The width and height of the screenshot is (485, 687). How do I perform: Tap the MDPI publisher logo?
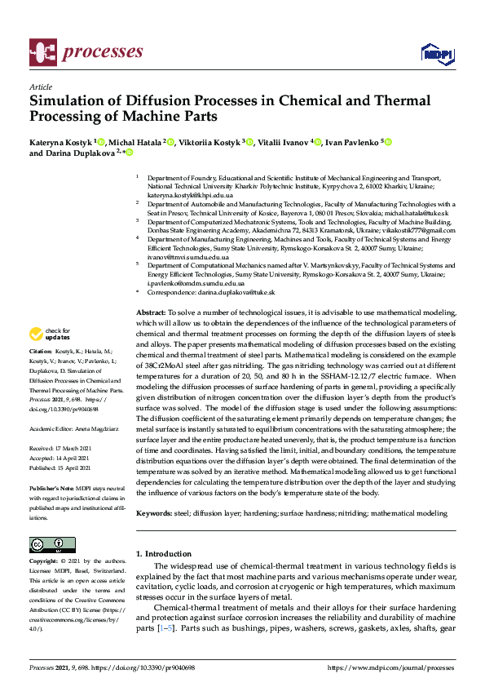(436, 54)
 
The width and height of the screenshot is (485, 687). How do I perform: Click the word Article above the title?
(40, 86)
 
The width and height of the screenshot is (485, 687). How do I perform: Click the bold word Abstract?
(150, 312)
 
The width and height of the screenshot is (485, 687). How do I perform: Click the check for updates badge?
(49, 333)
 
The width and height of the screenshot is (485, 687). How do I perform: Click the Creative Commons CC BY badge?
(47, 545)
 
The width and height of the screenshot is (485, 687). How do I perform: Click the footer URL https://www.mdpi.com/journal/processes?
(390, 667)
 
